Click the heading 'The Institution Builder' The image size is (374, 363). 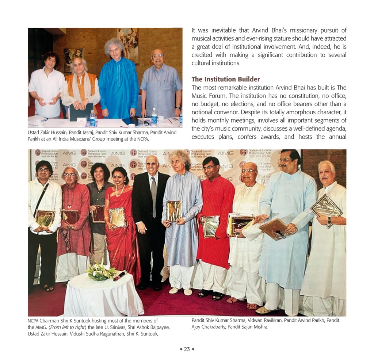point(226,79)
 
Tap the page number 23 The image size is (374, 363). point(187,349)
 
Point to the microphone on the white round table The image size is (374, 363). point(119,276)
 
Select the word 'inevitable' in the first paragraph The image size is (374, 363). point(223,30)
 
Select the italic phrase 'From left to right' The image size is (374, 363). point(67,327)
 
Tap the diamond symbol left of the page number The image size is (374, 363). point(181,349)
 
